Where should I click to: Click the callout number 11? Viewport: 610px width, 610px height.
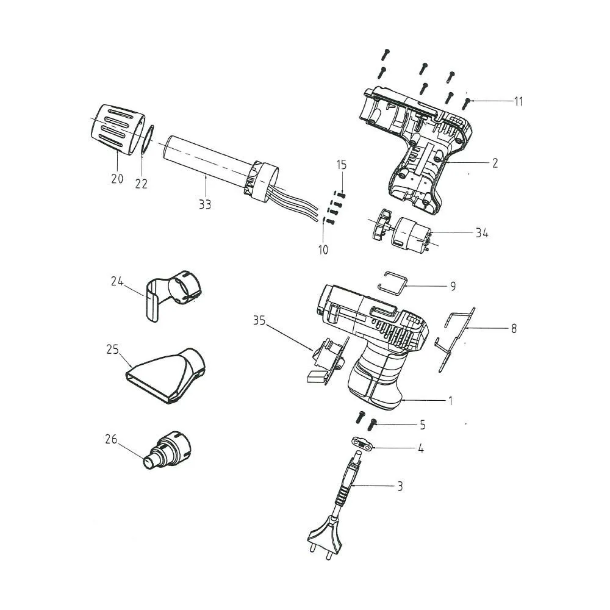[518, 102]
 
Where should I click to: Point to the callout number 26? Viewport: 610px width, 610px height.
[110, 439]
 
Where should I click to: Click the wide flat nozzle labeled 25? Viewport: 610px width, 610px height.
[168, 375]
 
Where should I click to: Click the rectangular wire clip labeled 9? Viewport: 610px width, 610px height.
[394, 281]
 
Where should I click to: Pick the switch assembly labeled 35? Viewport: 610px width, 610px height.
[326, 360]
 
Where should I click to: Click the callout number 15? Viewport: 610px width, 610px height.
[341, 165]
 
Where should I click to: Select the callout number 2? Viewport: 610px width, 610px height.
[495, 163]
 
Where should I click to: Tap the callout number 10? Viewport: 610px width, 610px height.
[323, 249]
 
